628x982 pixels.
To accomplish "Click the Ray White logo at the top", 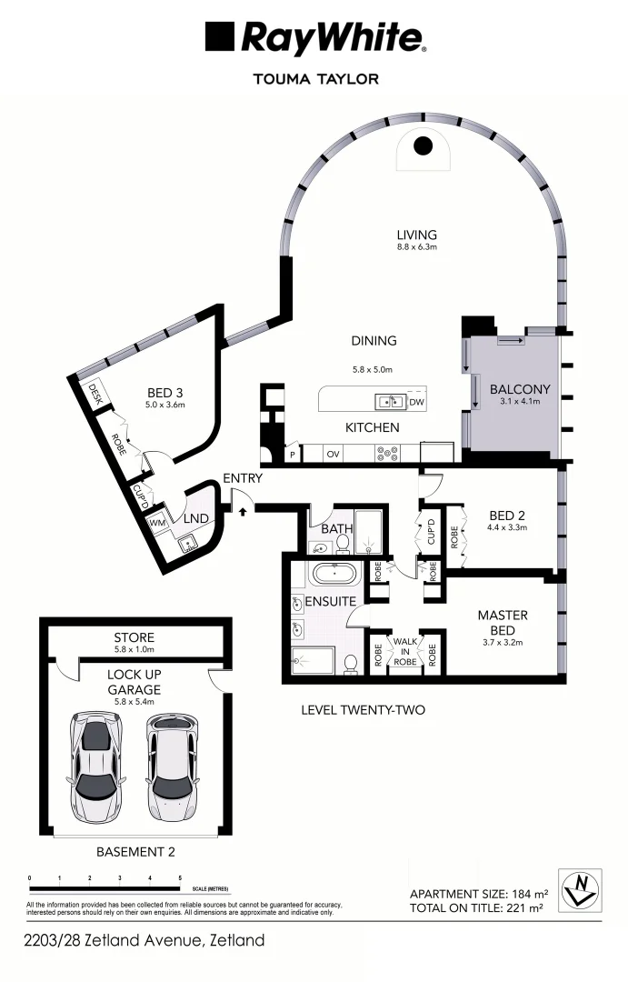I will (x=314, y=38).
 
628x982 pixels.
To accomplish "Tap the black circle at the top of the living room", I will (x=423, y=145).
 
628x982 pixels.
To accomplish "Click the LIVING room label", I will (x=417, y=234).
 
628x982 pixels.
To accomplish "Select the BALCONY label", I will (x=514, y=388).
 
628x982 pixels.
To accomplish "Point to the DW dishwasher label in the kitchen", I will (x=416, y=402).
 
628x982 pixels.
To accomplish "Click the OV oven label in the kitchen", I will (x=334, y=452).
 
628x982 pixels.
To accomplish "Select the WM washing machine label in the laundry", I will (x=157, y=524).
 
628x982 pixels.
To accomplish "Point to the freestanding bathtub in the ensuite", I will (x=334, y=575).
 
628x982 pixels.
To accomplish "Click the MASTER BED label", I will (x=503, y=623).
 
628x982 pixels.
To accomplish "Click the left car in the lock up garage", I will (x=95, y=765).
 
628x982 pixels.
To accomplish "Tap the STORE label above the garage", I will (x=134, y=637).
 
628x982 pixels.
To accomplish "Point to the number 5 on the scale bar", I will (x=180, y=878).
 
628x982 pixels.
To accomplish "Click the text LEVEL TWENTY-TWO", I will (x=364, y=710).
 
